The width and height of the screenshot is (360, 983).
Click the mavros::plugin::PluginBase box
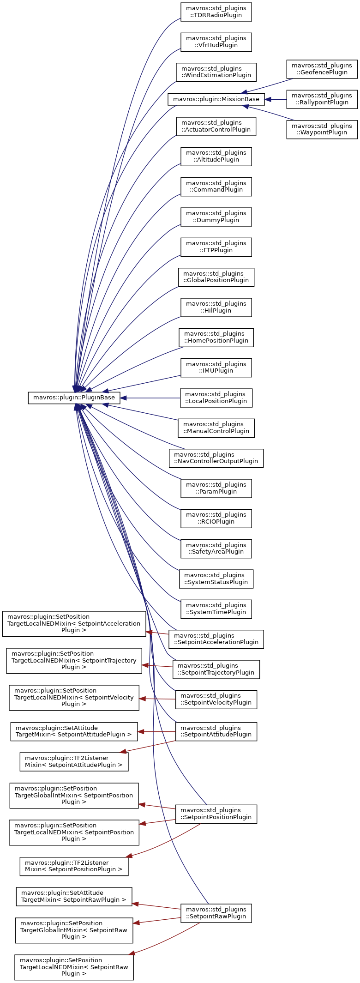point(74,398)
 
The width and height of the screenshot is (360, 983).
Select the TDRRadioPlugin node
point(216,12)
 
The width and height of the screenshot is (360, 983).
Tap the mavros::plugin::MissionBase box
point(216,99)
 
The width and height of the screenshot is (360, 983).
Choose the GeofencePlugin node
point(322,69)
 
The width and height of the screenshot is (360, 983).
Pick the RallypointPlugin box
point(322,99)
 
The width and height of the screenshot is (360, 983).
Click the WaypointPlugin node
point(322,129)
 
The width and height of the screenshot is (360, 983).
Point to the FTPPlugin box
point(216,247)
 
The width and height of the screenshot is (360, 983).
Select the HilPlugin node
point(216,307)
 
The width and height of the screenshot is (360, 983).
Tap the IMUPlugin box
point(216,368)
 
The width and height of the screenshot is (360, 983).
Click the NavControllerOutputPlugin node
point(216,458)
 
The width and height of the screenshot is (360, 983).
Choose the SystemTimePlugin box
point(216,609)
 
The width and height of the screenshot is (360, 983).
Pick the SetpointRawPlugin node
point(216,913)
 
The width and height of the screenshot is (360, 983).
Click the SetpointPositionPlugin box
point(216,814)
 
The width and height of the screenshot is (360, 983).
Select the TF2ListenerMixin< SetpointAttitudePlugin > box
point(74,761)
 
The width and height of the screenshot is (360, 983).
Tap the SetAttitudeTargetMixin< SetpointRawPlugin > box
point(74,896)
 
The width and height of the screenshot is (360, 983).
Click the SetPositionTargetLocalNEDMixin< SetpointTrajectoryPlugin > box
point(74,660)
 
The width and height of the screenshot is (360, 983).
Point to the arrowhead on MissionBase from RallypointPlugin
point(268,99)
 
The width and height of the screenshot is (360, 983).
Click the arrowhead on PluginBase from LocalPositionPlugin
point(124,398)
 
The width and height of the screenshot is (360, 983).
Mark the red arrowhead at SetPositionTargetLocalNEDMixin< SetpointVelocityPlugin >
point(143,699)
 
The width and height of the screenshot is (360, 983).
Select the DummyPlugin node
point(216,217)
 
